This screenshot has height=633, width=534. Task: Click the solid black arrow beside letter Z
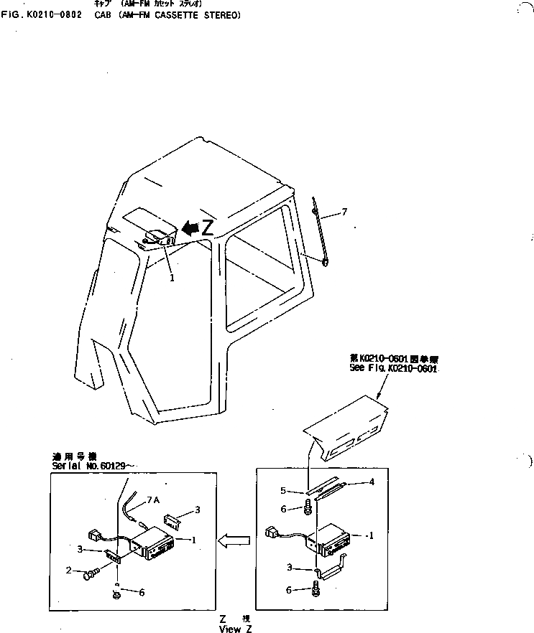pos(189,228)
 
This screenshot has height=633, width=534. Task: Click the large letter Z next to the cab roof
pos(207,228)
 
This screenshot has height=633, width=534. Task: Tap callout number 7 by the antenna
pos(344,212)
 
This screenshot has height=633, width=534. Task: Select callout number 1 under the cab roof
pos(172,278)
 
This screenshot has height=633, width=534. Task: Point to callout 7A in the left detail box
pos(153,500)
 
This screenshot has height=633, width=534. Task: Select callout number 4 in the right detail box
pos(371,482)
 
